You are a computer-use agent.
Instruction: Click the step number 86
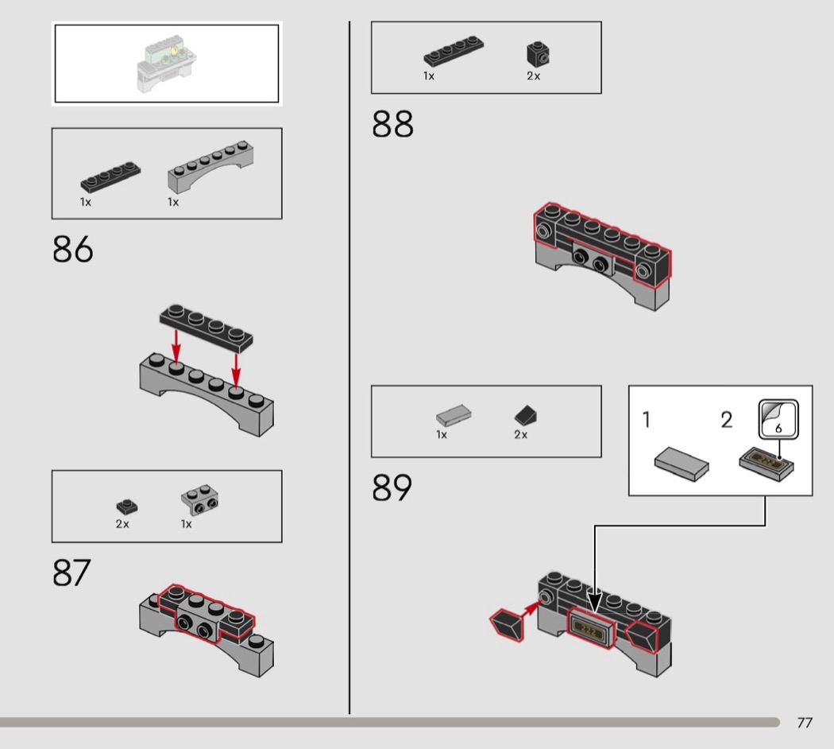click(73, 249)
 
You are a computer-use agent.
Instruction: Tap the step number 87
click(71, 572)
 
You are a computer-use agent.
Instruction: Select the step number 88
click(392, 124)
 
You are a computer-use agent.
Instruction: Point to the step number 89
click(392, 487)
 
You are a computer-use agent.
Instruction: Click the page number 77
click(805, 723)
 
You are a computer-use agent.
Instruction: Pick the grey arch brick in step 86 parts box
click(210, 166)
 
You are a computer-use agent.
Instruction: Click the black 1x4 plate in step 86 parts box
click(110, 177)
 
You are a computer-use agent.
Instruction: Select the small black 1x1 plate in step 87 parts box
click(127, 506)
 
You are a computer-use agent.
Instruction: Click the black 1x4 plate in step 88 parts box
click(454, 51)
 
